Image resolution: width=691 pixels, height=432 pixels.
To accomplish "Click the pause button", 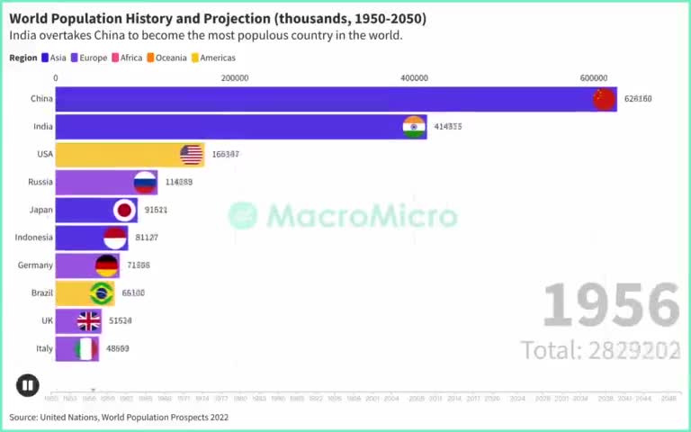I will (27, 385).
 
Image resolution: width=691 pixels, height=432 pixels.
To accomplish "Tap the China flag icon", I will (603, 99).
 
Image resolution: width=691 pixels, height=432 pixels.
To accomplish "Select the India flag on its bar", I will (414, 127).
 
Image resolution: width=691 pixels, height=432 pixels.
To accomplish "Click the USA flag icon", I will (192, 155).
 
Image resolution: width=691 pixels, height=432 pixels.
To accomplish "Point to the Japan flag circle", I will (125, 211).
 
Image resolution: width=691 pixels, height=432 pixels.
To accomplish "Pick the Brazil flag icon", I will (102, 293).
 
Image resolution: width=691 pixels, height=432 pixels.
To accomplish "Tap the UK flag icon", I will (88, 321).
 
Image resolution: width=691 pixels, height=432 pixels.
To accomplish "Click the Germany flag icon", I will (107, 265).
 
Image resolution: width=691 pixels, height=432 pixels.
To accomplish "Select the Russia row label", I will (40, 182).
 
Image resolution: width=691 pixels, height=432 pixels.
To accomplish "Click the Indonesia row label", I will (34, 238).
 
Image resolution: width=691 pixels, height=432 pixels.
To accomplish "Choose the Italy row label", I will (42, 348).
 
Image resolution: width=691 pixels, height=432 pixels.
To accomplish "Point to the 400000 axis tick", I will (414, 78).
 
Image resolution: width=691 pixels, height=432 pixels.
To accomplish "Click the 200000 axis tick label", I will (235, 78).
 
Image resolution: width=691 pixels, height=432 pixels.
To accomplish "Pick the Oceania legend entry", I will (166, 58).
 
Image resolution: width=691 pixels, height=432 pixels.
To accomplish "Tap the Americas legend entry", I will (213, 58).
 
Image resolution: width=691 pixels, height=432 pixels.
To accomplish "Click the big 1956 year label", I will (611, 306).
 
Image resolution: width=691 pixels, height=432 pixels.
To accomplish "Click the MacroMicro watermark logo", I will (342, 215).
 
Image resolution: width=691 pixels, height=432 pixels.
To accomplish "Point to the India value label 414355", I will (447, 127).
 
